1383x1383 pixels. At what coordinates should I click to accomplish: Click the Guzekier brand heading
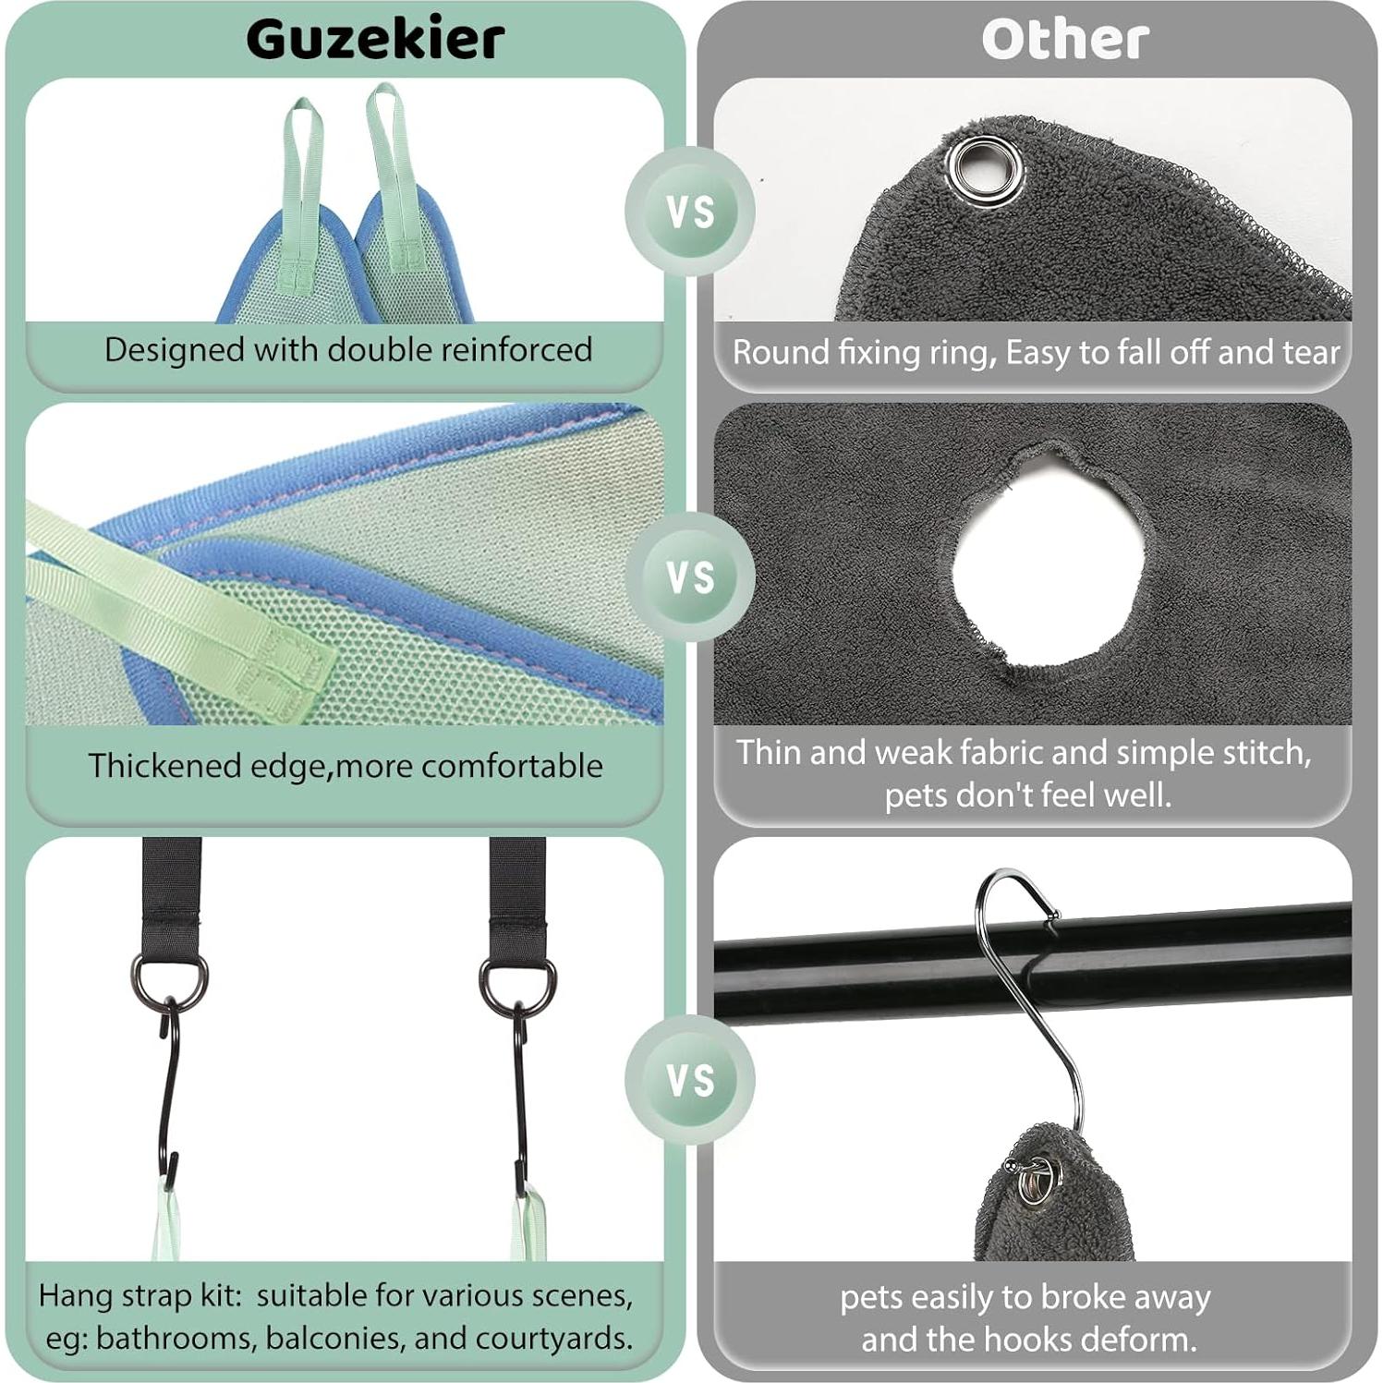point(375,39)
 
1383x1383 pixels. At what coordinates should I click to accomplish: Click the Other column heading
point(1064,40)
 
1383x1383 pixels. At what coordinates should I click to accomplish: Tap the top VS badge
point(690,212)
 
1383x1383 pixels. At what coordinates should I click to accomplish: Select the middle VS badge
point(690,577)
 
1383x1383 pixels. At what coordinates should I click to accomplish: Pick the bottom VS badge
point(690,1079)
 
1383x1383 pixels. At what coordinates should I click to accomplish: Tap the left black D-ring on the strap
point(169,982)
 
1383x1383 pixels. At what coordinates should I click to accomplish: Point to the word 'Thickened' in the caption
point(163,766)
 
